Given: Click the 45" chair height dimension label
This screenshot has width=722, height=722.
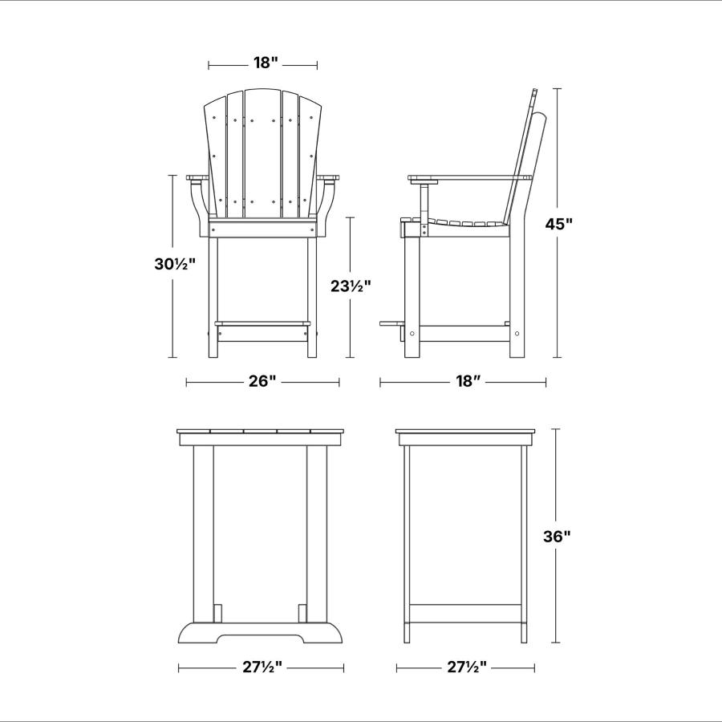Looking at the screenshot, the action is pos(559,224).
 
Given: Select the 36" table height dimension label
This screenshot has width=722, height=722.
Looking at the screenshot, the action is pos(557,537).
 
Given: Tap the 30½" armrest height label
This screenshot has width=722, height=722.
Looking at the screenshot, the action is pos(175,264).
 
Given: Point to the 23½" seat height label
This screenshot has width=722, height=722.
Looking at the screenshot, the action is pos(351,286).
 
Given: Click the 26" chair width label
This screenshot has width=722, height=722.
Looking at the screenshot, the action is pos(262,381).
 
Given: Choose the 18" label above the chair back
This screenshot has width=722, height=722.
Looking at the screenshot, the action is pos(266,63).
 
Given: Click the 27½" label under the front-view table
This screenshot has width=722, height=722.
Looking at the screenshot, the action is pos(262,667).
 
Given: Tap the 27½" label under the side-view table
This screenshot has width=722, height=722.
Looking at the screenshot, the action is pos(466,667).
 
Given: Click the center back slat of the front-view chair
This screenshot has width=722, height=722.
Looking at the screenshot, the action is pos(262,153).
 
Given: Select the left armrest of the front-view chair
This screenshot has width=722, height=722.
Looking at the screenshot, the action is pos(198,178).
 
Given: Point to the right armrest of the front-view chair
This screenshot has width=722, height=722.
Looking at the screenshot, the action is pos(328,178).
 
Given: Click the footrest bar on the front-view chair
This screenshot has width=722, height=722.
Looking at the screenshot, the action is pos(262,324).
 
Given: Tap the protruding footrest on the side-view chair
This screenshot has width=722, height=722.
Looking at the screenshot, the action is pos(391,324).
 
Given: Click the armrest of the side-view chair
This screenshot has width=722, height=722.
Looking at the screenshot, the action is pos(469,177).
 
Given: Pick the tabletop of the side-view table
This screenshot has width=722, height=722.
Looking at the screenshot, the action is pos(466,432).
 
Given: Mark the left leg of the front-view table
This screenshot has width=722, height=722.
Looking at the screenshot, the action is pos(203,534).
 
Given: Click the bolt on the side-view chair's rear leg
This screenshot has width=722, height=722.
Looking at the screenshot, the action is pos(517,334).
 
